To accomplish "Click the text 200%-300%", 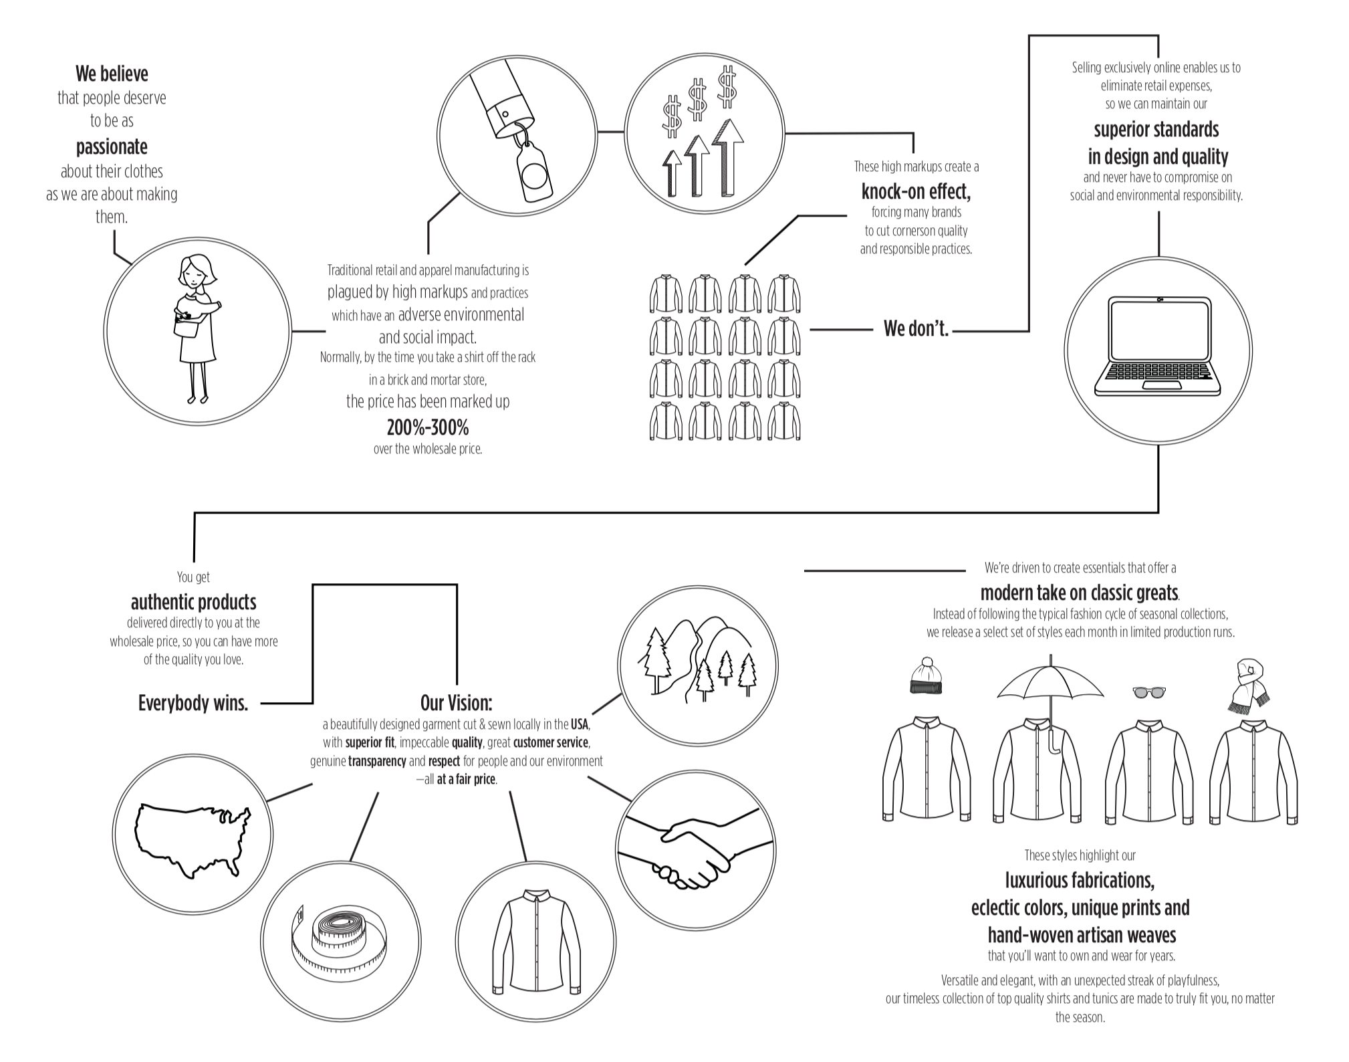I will pyautogui.click(x=428, y=427).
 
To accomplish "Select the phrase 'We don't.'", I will pyautogui.click(x=916, y=329).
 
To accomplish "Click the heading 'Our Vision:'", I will pyautogui.click(x=456, y=703).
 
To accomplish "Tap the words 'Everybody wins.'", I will pyautogui.click(x=193, y=703).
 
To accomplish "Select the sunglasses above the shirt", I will pyautogui.click(x=1148, y=692).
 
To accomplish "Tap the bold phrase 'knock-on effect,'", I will pyautogui.click(x=916, y=192).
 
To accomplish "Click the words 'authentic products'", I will pyautogui.click(x=193, y=602).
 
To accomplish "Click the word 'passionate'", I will pyautogui.click(x=112, y=146).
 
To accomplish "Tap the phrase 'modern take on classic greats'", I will pyautogui.click(x=1079, y=593).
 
